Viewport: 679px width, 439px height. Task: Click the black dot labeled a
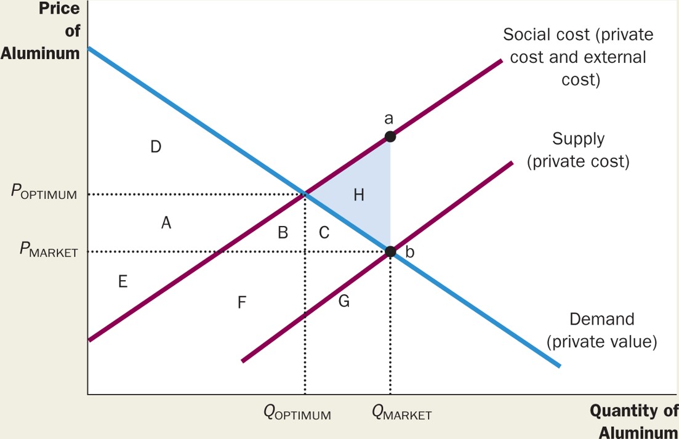click(x=390, y=137)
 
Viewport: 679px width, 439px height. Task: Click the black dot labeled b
click(x=390, y=251)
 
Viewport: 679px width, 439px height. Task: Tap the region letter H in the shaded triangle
click(x=359, y=196)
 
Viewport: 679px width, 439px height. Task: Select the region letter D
click(x=156, y=147)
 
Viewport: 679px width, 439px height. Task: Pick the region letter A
click(x=166, y=224)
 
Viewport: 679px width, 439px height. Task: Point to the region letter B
click(x=283, y=233)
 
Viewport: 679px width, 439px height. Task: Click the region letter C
click(x=324, y=233)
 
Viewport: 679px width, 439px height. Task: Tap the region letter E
click(x=123, y=282)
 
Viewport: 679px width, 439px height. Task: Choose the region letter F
click(x=242, y=302)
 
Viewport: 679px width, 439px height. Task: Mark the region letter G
click(x=344, y=301)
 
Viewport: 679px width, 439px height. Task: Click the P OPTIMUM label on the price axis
click(x=44, y=193)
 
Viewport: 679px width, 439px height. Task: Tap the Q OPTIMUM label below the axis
click(x=297, y=413)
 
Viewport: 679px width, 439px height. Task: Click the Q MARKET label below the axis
click(x=402, y=413)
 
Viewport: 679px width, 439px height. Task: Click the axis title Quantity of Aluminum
click(x=634, y=421)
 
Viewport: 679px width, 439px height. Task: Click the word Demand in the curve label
click(x=601, y=319)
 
